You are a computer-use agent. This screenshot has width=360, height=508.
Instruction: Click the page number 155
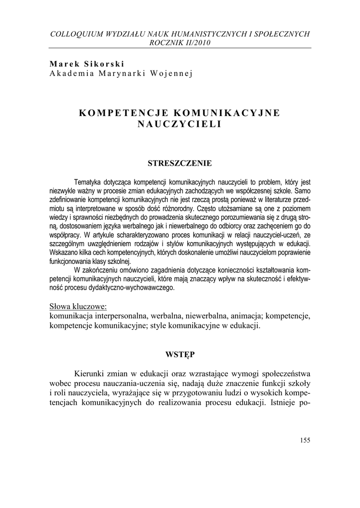click(305, 440)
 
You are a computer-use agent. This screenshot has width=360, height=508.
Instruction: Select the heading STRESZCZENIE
click(180, 163)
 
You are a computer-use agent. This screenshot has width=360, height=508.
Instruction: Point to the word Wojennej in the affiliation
click(172, 73)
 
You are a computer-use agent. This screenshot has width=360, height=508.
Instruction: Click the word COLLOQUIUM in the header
click(76, 34)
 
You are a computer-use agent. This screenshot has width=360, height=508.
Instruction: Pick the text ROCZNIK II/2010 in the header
click(180, 43)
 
